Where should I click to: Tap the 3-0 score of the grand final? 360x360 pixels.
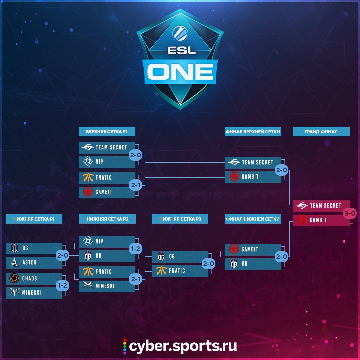tap(350, 213)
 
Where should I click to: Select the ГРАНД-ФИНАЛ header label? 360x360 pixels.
tap(321, 132)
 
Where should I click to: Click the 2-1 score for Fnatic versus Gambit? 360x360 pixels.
tap(135, 185)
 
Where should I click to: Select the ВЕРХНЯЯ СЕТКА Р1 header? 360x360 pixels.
tap(107, 132)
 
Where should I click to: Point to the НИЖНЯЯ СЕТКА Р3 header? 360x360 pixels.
tap(180, 219)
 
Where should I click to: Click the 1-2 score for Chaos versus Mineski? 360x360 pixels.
tap(62, 286)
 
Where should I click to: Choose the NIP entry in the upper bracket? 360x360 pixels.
tap(107, 162)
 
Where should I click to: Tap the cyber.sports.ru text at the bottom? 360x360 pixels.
tap(183, 346)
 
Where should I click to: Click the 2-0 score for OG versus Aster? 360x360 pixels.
tap(62, 256)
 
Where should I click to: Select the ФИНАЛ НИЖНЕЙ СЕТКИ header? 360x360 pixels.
tap(253, 219)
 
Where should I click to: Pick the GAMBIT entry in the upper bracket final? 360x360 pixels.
tap(253, 177)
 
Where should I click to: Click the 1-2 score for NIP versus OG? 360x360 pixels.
tap(135, 249)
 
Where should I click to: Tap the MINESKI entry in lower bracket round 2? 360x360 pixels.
tap(107, 286)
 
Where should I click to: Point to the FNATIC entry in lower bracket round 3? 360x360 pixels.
tap(180, 271)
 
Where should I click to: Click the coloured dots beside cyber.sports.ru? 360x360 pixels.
tap(125, 346)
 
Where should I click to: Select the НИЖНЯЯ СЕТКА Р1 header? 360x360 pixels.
tap(34, 219)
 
